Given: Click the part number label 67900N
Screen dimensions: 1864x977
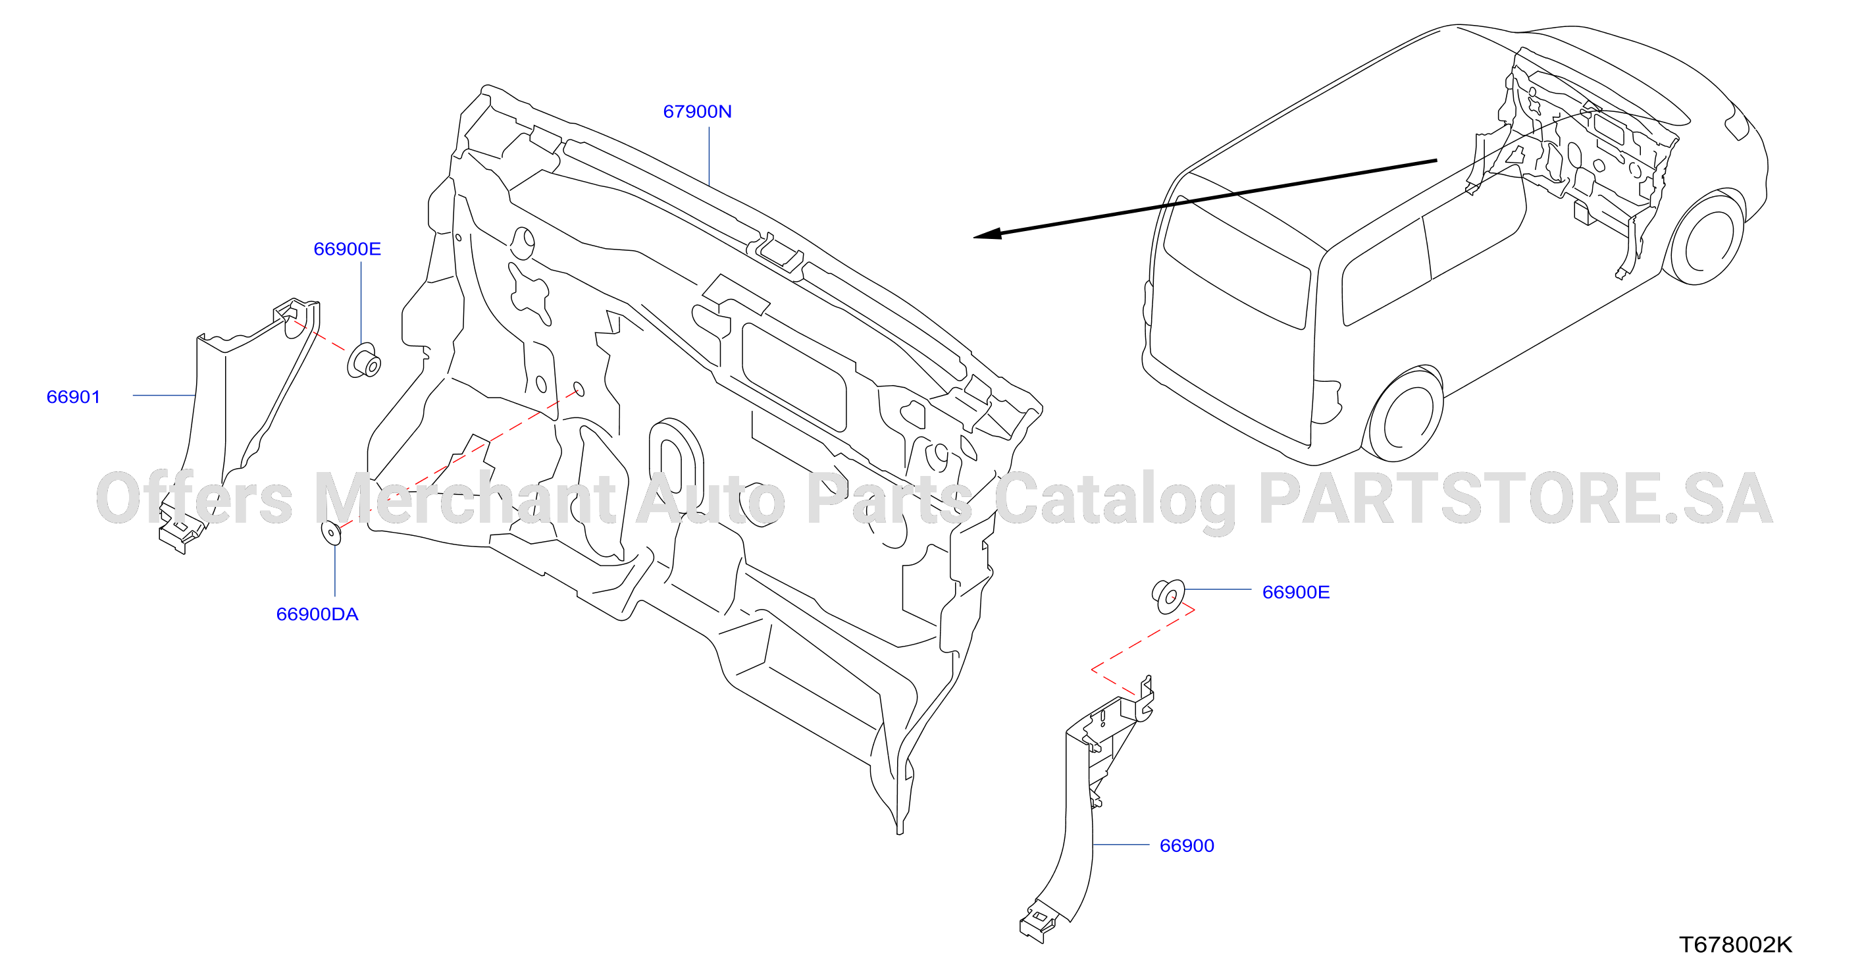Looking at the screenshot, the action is click(x=697, y=111).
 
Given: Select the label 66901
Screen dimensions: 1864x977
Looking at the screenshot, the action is click(x=73, y=396).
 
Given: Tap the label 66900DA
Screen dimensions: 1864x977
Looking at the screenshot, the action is click(x=317, y=614).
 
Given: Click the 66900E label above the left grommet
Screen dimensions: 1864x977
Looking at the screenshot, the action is click(x=347, y=249).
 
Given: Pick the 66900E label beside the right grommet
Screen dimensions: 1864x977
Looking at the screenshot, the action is click(x=1295, y=592).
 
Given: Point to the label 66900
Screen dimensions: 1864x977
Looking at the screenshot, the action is click(x=1187, y=845).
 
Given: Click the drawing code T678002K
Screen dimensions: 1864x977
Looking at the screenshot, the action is click(x=1735, y=945).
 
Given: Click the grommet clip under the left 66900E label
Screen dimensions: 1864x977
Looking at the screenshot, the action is click(x=364, y=360).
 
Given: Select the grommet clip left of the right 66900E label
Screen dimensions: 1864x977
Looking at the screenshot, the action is click(x=1168, y=596).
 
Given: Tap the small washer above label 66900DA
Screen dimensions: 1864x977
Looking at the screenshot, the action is click(x=330, y=533).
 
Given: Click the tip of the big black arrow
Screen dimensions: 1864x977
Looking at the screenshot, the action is click(x=974, y=236).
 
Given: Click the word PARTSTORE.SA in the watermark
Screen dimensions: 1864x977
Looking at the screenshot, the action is click(x=1515, y=498).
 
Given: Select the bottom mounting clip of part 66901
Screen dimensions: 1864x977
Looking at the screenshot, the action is click(x=180, y=530).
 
